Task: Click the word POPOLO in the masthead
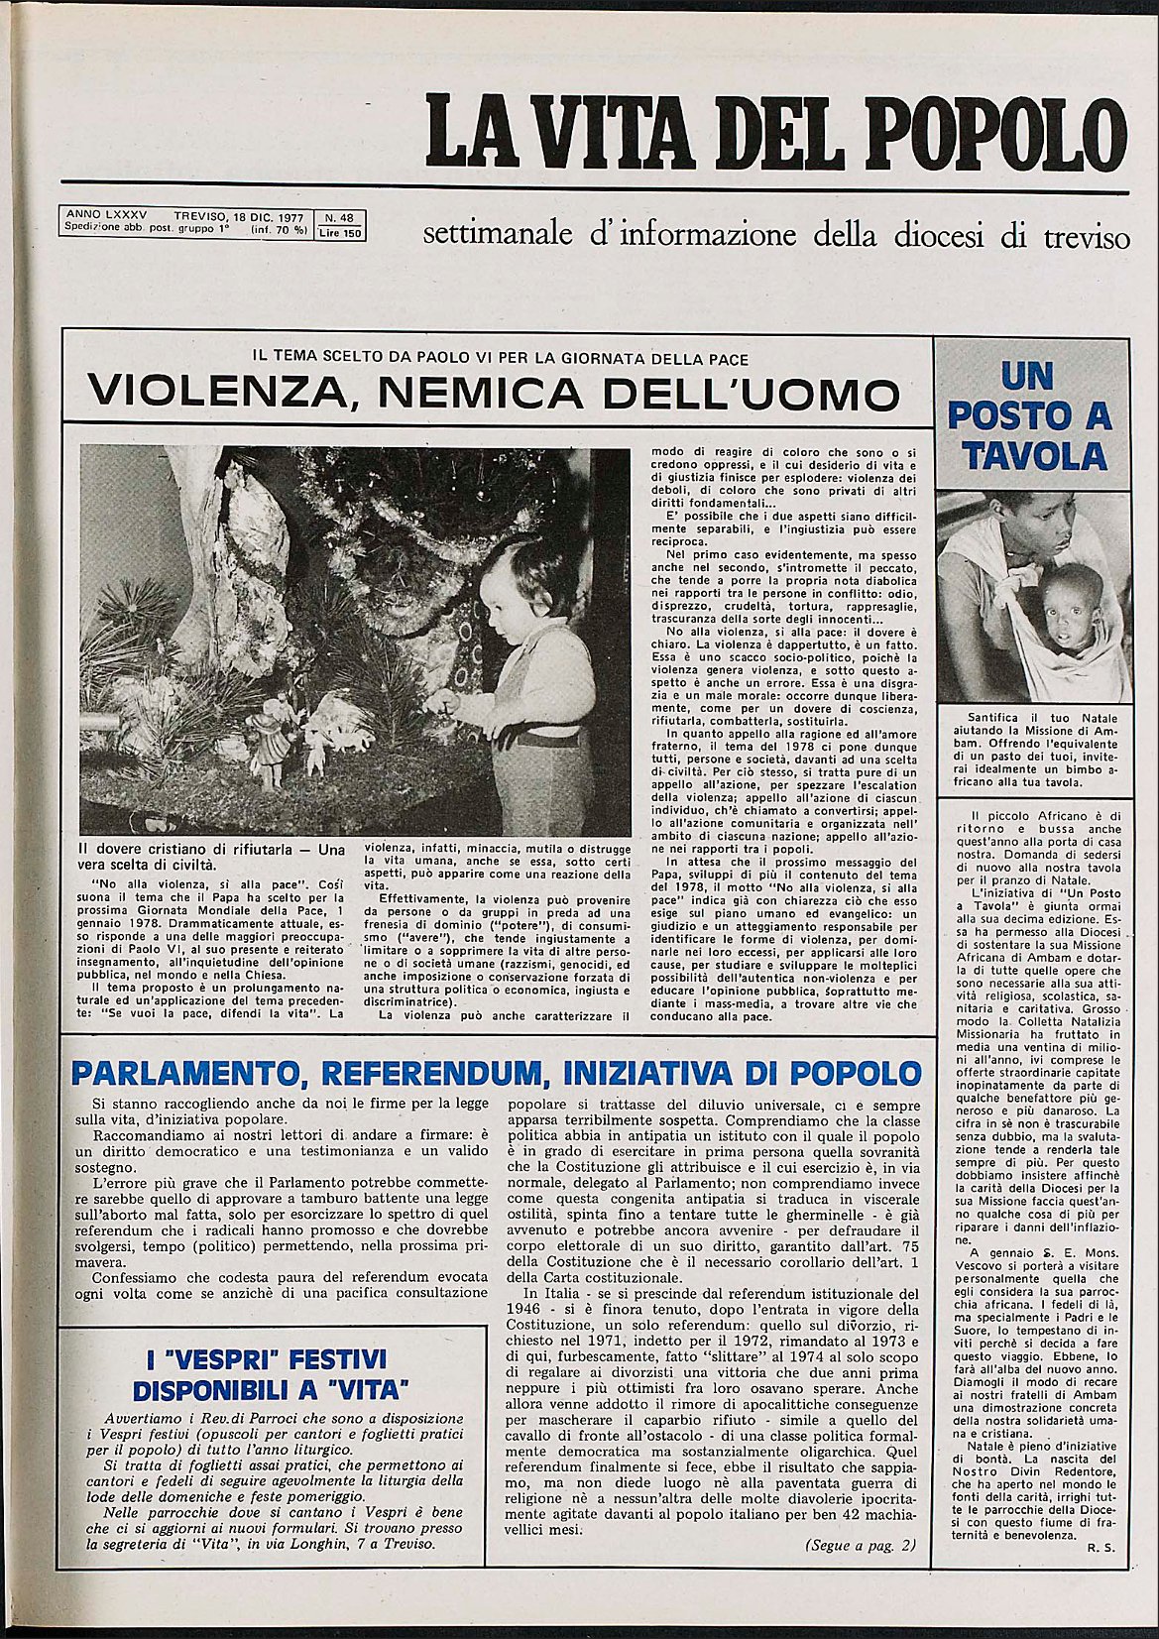pyautogui.click(x=998, y=134)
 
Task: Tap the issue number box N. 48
pyautogui.click(x=339, y=217)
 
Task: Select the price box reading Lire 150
pyautogui.click(x=339, y=233)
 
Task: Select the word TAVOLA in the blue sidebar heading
pyautogui.click(x=1034, y=456)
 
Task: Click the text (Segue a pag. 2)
pyautogui.click(x=860, y=1546)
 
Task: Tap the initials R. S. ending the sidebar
pyautogui.click(x=1101, y=1547)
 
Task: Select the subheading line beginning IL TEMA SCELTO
pyautogui.click(x=501, y=359)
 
